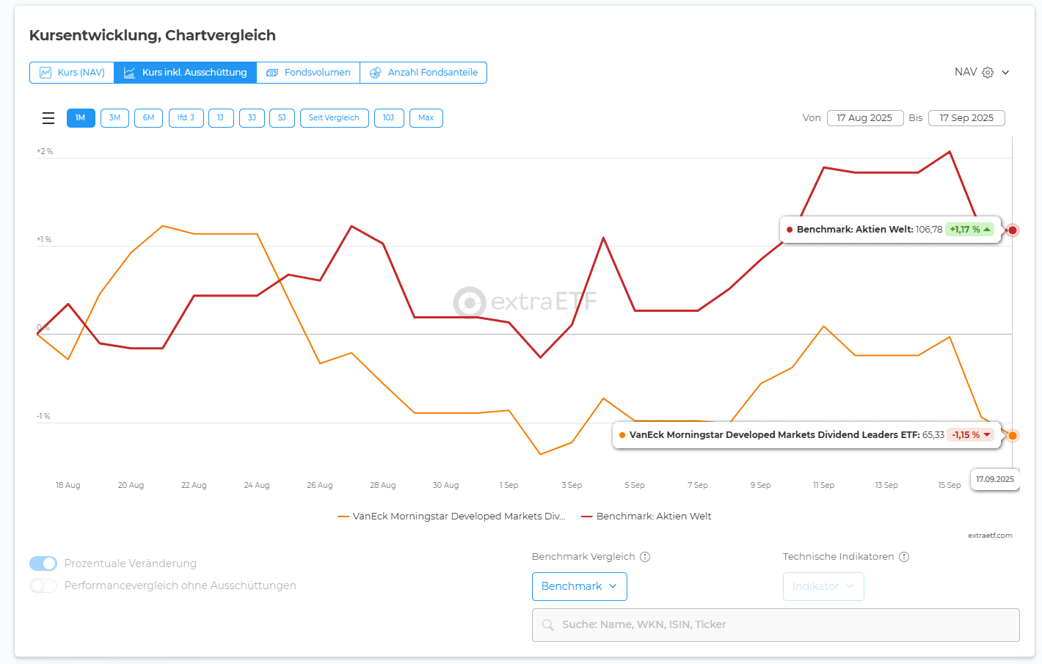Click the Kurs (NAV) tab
pyautogui.click(x=72, y=73)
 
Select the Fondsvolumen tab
pyautogui.click(x=308, y=73)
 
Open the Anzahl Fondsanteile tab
pyautogui.click(x=423, y=73)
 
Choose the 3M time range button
pyautogui.click(x=114, y=118)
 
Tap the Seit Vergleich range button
pyautogui.click(x=334, y=118)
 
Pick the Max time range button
pyautogui.click(x=426, y=118)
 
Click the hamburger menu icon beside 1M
pyautogui.click(x=48, y=118)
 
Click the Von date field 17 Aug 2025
pyautogui.click(x=864, y=118)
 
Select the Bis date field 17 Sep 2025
pyautogui.click(x=966, y=118)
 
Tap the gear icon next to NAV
pyautogui.click(x=988, y=73)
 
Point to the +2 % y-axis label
pyautogui.click(x=45, y=152)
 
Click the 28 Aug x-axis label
pyautogui.click(x=382, y=485)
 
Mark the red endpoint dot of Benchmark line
pyautogui.click(x=1013, y=230)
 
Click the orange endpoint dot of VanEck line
pyautogui.click(x=1013, y=436)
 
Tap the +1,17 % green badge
pyautogui.click(x=969, y=230)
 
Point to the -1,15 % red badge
pyautogui.click(x=971, y=435)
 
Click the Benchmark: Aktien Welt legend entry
pyautogui.click(x=646, y=517)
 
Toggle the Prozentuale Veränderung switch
pyautogui.click(x=43, y=563)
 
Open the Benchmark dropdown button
pyautogui.click(x=579, y=586)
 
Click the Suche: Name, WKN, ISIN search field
pyautogui.click(x=776, y=625)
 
